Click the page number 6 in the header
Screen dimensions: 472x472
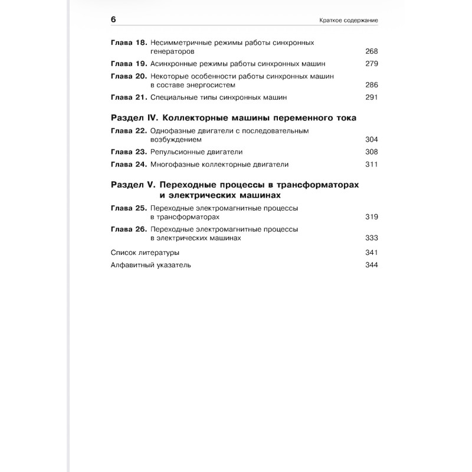click(x=113, y=19)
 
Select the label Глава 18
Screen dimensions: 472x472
click(x=129, y=42)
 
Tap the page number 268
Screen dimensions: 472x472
click(x=371, y=51)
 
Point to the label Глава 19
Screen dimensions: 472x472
click(x=129, y=64)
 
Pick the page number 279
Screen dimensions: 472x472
click(x=371, y=64)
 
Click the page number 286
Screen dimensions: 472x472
click(x=371, y=85)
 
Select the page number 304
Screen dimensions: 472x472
click(x=371, y=139)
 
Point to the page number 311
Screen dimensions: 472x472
click(x=371, y=164)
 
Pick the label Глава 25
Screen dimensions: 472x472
click(x=129, y=208)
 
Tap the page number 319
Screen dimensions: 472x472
click(x=371, y=217)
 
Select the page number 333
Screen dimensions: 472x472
click(x=371, y=238)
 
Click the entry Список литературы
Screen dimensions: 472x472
click(x=145, y=253)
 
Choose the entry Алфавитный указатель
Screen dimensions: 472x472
click(x=151, y=265)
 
